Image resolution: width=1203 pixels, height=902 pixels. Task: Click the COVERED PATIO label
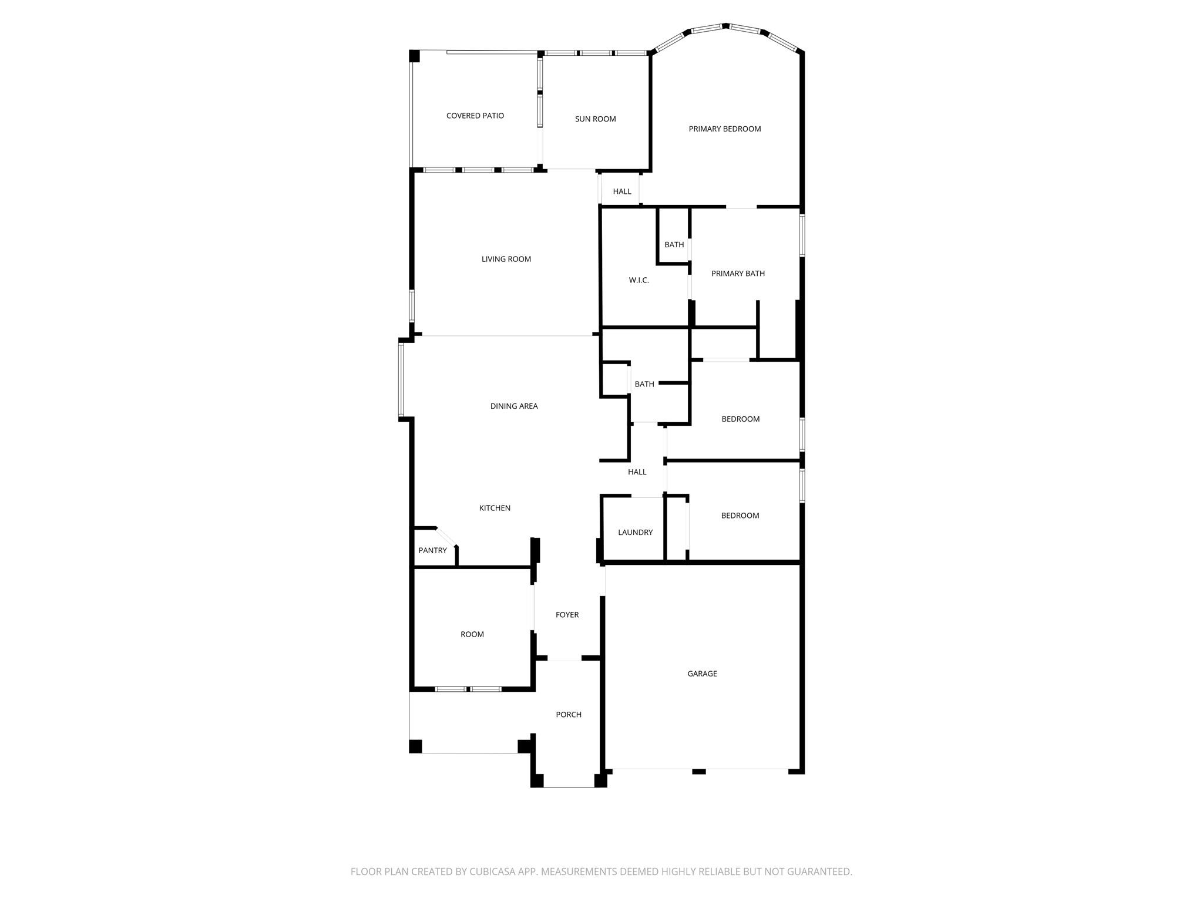[x=475, y=116]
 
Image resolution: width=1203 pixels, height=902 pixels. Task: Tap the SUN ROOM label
[x=595, y=119]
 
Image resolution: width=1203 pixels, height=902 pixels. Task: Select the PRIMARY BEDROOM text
[x=724, y=129]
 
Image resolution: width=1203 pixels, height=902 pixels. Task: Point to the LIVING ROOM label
[x=506, y=259]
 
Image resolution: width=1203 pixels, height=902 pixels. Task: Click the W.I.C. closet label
[x=639, y=281]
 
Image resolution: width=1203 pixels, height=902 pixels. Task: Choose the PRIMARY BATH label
[x=738, y=274]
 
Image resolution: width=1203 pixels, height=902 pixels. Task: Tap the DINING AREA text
[x=513, y=406]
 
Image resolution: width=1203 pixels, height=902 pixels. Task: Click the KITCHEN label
[x=495, y=508]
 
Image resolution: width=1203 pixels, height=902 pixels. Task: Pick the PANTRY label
[x=432, y=551]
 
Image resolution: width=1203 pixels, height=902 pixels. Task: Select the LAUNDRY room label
[x=635, y=533]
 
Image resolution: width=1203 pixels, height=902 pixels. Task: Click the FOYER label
[x=567, y=615]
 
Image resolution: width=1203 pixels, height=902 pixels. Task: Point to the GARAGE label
[x=702, y=674]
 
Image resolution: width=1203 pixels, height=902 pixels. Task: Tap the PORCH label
[x=568, y=715]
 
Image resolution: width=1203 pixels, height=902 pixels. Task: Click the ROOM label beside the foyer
[x=472, y=634]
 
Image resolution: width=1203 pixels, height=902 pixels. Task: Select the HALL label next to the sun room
[x=621, y=191]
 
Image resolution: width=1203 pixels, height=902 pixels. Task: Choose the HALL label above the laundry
[x=637, y=472]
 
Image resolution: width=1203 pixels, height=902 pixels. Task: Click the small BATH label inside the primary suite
[x=674, y=245]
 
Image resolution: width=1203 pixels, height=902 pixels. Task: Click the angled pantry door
[x=446, y=537]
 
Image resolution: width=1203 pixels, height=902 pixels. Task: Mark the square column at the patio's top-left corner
[x=415, y=56]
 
